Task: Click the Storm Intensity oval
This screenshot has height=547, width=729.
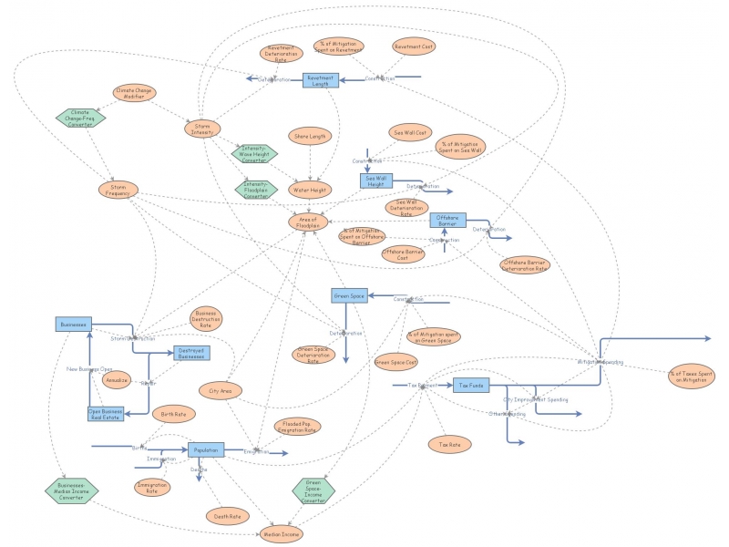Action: tap(202, 129)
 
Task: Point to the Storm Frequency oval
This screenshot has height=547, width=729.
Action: tap(118, 190)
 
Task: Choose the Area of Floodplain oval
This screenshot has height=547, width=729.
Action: tap(308, 221)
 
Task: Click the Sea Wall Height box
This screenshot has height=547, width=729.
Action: tap(375, 181)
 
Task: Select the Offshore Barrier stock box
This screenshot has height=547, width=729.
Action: tap(447, 220)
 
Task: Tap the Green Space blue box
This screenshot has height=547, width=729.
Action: tap(348, 295)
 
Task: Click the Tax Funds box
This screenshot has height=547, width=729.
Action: tap(471, 386)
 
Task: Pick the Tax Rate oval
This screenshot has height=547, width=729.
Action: tap(448, 443)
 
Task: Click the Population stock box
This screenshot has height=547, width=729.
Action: tap(206, 449)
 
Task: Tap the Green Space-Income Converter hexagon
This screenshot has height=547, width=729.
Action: tap(313, 492)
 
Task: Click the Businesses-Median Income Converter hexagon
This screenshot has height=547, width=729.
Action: tap(70, 490)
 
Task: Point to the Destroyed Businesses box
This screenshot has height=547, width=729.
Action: tap(190, 352)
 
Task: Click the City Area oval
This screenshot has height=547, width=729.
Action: tap(220, 390)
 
